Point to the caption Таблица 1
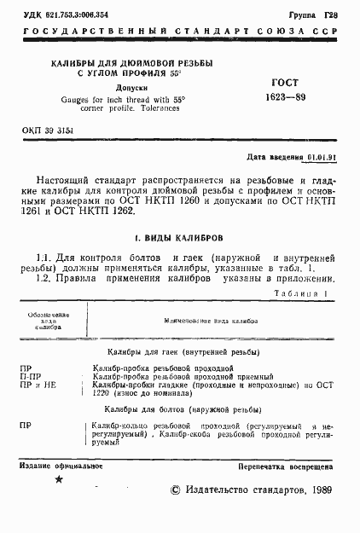click(302, 293)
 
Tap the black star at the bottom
click(58, 480)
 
